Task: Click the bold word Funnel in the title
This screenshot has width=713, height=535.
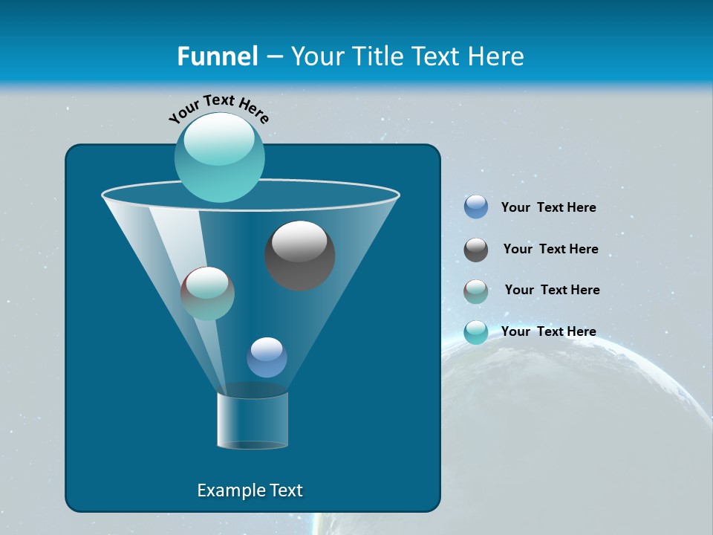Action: tap(217, 56)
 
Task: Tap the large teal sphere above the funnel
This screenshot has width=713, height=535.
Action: tap(220, 157)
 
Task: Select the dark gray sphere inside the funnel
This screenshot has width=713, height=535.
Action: tap(300, 256)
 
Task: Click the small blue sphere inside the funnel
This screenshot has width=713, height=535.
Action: tap(267, 357)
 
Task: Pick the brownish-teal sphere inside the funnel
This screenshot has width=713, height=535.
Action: tap(207, 294)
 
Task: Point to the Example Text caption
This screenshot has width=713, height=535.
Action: tap(250, 490)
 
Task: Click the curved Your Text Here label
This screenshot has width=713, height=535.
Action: tap(219, 108)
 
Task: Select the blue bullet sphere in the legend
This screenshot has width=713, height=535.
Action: tap(476, 207)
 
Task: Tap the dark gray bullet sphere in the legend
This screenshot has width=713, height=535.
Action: tap(476, 250)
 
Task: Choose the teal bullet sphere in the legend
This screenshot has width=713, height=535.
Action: tap(476, 332)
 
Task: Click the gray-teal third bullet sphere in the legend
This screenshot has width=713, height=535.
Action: tap(476, 291)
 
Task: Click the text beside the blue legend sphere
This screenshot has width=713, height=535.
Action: tap(548, 208)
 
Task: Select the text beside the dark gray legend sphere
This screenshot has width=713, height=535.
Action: tap(550, 250)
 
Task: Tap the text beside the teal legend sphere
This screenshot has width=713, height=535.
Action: tap(548, 331)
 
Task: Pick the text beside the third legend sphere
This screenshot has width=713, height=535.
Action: tap(552, 290)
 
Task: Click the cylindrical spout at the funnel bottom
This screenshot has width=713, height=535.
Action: tap(253, 420)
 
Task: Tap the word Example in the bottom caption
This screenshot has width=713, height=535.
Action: tap(229, 490)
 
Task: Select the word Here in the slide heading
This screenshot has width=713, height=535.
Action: tap(496, 56)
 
